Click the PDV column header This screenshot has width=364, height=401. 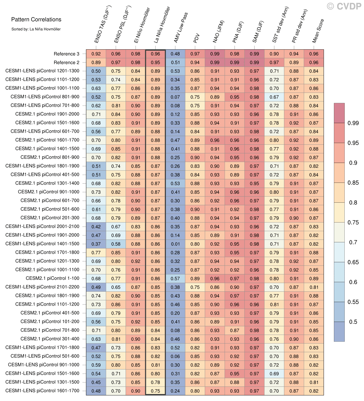(x=196, y=38)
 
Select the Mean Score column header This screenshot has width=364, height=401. (x=318, y=31)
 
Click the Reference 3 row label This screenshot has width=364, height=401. (x=66, y=54)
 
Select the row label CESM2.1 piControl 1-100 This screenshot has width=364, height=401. (x=52, y=278)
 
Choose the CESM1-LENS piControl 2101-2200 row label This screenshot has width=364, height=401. (x=42, y=287)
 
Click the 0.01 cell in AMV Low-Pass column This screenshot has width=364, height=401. (x=175, y=244)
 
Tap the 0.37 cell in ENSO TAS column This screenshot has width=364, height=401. (x=96, y=244)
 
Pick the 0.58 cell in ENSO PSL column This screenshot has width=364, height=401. (x=116, y=244)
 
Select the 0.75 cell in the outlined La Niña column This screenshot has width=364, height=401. (x=155, y=391)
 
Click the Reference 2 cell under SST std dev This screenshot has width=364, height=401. (x=274, y=62)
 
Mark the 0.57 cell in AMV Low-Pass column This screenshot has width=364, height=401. (x=175, y=279)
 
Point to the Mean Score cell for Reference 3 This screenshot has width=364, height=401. (x=314, y=54)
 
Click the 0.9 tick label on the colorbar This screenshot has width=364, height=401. (x=353, y=163)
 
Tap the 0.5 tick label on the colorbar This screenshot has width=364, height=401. (x=353, y=322)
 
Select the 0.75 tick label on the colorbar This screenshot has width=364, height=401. (x=353, y=222)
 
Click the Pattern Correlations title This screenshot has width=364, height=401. (x=36, y=20)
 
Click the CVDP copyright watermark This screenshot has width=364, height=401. (x=344, y=6)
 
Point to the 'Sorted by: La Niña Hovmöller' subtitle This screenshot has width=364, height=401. (x=36, y=29)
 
